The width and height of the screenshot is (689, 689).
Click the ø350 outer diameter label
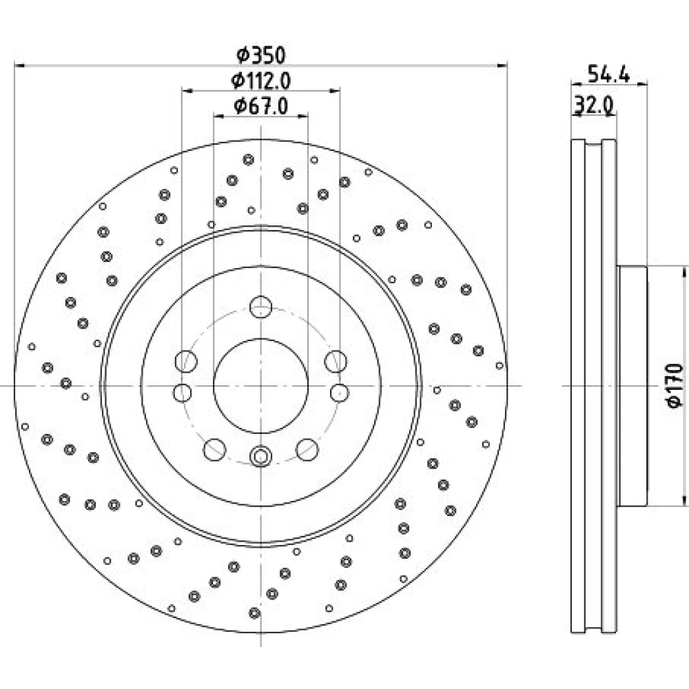pos(261,55)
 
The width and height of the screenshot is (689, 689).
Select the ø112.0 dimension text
pos(261,81)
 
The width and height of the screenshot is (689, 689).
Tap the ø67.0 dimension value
pos(261,106)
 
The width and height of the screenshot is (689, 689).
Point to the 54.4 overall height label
pos(608,74)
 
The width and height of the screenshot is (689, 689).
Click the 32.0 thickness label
pos(594,105)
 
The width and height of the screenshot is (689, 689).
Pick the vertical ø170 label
pos(675,385)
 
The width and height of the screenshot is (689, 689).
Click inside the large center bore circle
pos(260,386)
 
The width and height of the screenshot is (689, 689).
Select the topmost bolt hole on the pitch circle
pos(260,307)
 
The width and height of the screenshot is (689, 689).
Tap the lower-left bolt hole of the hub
pos(215,449)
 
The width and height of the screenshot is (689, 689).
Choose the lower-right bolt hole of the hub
pos(307,449)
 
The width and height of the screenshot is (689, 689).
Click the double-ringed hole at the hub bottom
pos(260,456)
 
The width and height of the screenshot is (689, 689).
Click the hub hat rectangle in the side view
pos(632,386)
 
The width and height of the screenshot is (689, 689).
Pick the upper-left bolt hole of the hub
pos(186,361)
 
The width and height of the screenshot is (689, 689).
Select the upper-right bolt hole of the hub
pos(336,361)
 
